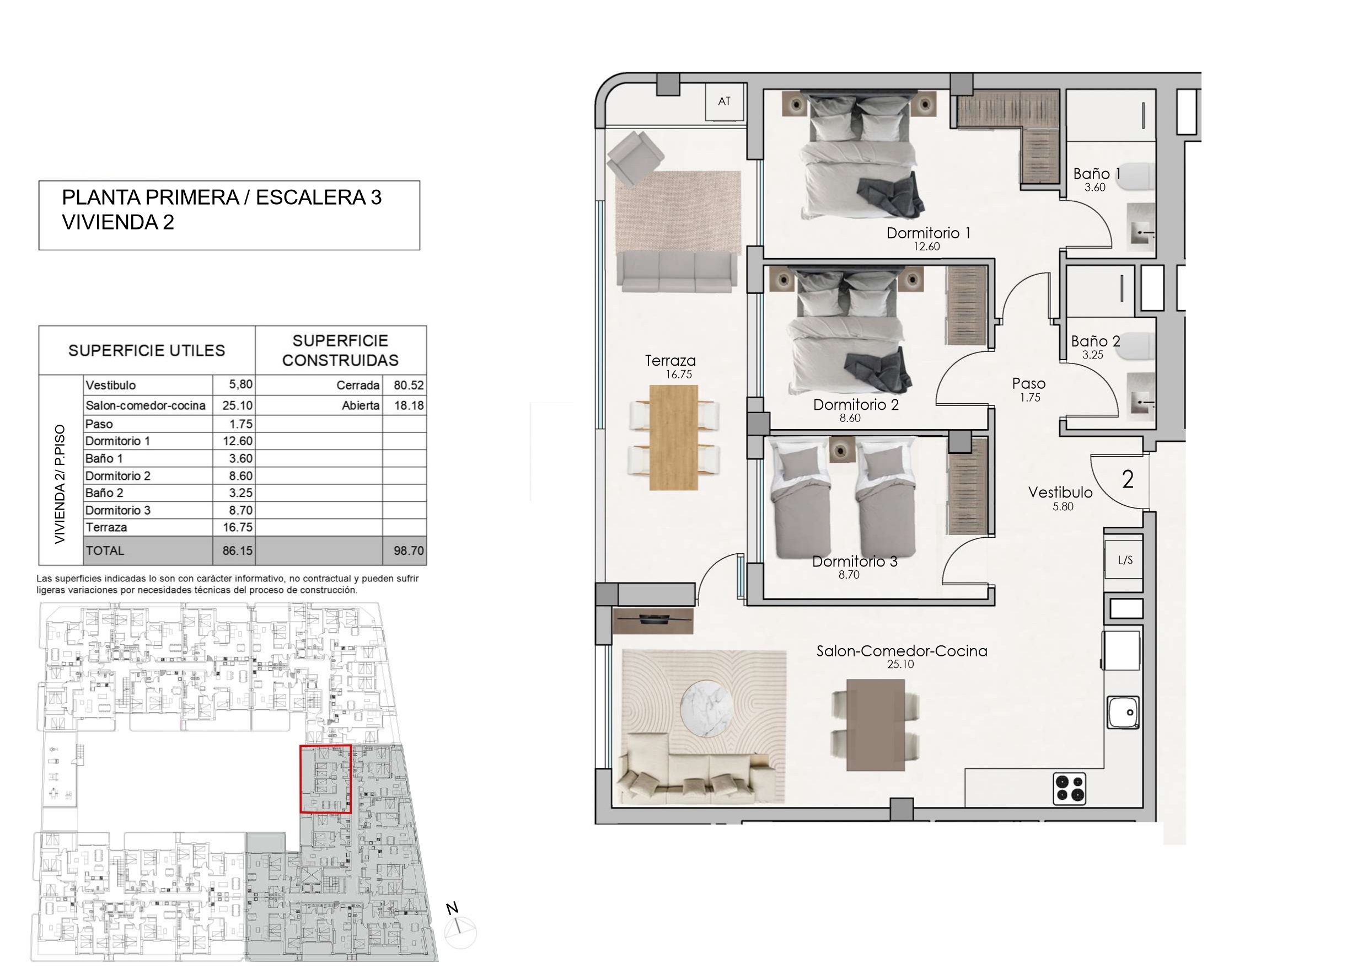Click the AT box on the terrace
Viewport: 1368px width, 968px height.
(725, 101)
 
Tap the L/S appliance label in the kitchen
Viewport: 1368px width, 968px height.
(1125, 560)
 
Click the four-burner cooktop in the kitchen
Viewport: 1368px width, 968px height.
(1070, 788)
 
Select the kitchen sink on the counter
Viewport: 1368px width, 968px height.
(1123, 712)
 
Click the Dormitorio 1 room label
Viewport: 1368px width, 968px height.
(929, 233)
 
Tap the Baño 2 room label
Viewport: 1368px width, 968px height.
(1095, 341)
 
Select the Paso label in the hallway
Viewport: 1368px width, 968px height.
(1028, 383)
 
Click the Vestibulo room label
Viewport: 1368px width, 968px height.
(1060, 493)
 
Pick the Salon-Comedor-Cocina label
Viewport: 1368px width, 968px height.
(902, 651)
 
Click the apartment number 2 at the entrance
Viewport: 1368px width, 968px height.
(1127, 479)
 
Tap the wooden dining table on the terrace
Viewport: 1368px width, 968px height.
(673, 437)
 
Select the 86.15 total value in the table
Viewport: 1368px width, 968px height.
(237, 551)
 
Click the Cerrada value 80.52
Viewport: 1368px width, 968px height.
(409, 385)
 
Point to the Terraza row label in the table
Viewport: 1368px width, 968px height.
(106, 527)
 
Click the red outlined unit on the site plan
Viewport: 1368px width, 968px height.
(325, 779)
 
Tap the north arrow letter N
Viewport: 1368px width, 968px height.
(452, 908)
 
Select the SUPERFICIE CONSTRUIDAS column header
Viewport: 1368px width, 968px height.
(340, 350)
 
